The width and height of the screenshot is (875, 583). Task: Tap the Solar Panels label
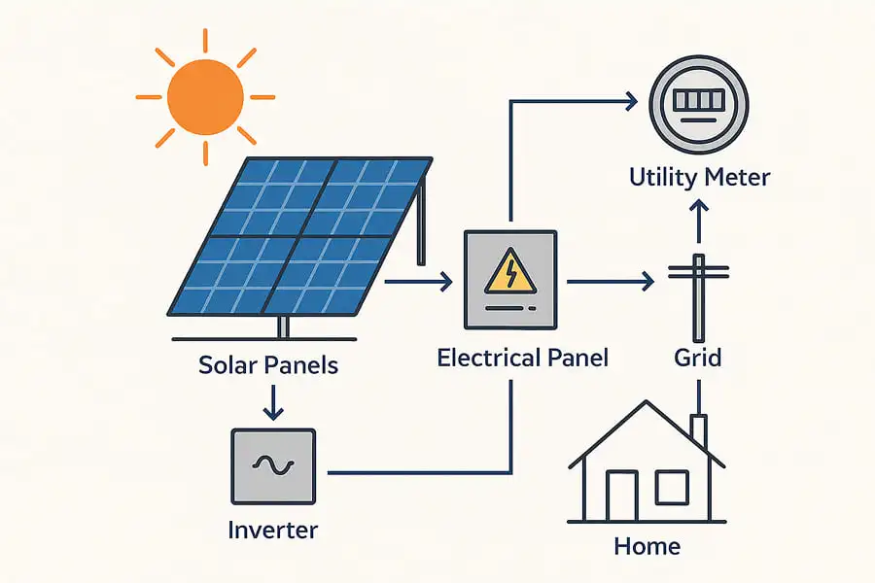(x=268, y=365)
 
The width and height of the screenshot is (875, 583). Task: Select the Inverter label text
(x=272, y=531)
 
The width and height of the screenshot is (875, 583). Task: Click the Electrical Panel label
(x=522, y=358)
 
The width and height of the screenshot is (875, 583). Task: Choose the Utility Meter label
(x=699, y=178)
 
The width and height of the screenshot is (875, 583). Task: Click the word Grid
(x=698, y=358)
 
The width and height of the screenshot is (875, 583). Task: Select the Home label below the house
(x=647, y=546)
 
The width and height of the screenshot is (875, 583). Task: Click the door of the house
(x=621, y=497)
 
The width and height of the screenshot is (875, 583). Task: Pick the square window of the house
(x=671, y=486)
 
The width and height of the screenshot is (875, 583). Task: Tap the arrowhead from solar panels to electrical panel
(x=446, y=283)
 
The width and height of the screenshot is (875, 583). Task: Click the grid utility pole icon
(x=698, y=291)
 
